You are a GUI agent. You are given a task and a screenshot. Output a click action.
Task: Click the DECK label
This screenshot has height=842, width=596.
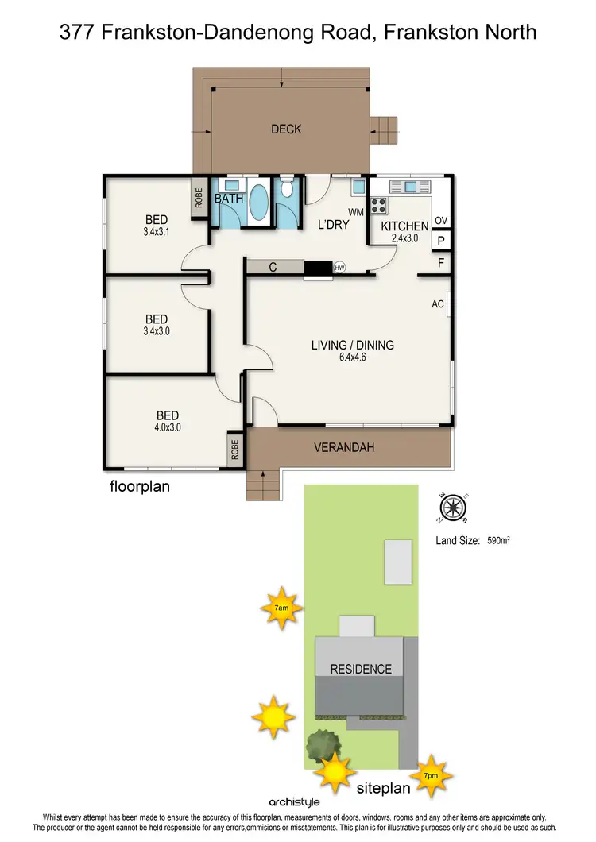click(x=286, y=129)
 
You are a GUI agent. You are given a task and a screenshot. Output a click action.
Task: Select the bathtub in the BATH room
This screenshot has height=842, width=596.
click(x=259, y=203)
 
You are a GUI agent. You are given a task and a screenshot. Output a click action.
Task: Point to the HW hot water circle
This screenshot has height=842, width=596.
click(x=339, y=268)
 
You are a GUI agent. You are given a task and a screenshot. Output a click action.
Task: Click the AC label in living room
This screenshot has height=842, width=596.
click(x=437, y=304)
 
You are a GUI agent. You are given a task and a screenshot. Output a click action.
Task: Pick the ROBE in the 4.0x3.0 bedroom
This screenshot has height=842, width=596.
click(x=234, y=450)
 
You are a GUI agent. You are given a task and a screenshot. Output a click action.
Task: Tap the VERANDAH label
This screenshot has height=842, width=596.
click(x=343, y=448)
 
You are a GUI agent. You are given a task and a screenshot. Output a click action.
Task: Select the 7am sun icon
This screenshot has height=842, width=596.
click(x=281, y=608)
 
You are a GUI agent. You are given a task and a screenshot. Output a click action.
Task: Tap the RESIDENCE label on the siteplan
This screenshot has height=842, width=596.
click(x=361, y=669)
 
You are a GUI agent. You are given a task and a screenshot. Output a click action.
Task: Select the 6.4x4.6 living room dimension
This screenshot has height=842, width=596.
click(x=351, y=357)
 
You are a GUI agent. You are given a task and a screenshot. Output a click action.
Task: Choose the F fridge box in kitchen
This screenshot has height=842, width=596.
click(x=439, y=262)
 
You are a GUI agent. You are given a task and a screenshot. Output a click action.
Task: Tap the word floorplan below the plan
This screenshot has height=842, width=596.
click(x=139, y=486)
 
